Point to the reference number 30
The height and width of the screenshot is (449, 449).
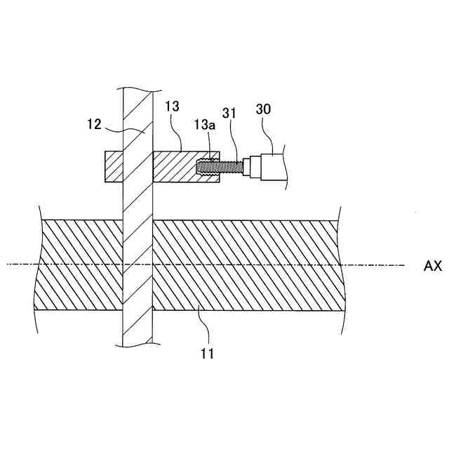pos(264,109)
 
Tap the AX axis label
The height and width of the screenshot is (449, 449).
pos(432,266)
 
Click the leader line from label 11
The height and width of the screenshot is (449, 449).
pos(203,326)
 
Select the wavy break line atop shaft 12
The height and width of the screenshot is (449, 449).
pos(138,90)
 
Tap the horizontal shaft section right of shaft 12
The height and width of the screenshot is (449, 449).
pos(246,265)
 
